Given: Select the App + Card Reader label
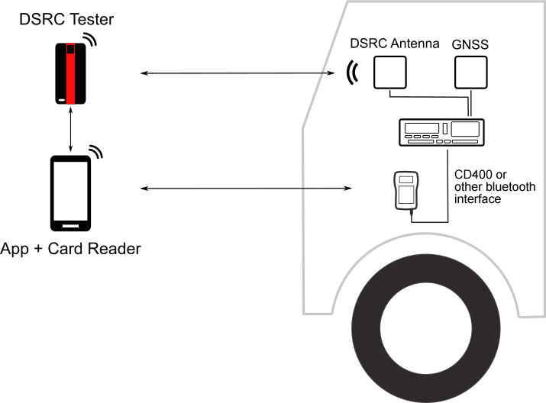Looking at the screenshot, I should pyautogui.click(x=70, y=249).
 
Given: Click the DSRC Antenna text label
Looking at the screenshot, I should pyautogui.click(x=394, y=44).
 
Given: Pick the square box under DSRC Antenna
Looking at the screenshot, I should pyautogui.click(x=389, y=75).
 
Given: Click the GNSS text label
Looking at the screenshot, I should pyautogui.click(x=470, y=44).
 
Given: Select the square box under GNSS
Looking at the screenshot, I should pyautogui.click(x=470, y=75).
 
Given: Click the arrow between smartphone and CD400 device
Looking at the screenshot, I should pyautogui.click(x=244, y=188).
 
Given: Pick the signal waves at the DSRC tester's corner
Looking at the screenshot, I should pyautogui.click(x=91, y=39).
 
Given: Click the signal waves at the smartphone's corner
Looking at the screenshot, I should pyautogui.click(x=94, y=152).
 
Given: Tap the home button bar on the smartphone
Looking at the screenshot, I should pyautogui.click(x=70, y=225).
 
